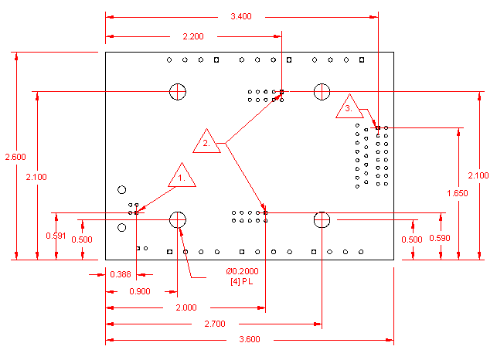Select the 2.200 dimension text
[193, 36]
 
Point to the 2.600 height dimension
[15, 157]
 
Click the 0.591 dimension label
[55, 236]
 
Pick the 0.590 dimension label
[440, 238]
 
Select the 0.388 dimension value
[120, 274]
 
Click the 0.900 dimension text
[141, 290]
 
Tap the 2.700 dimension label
[214, 324]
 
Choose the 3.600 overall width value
[249, 340]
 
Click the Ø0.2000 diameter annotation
[242, 271]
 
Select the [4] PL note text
[241, 280]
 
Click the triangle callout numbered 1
[182, 177]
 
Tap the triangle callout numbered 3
[349, 107]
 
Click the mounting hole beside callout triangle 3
[322, 91]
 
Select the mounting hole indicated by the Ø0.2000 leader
[178, 220]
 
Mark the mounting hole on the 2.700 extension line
[322, 220]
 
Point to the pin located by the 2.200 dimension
[282, 92]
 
